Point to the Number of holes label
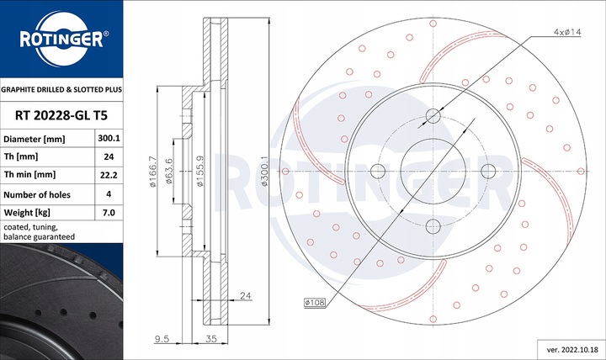(38, 193)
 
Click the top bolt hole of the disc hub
(433, 116)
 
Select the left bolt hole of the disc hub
(378, 172)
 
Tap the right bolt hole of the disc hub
(487, 172)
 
